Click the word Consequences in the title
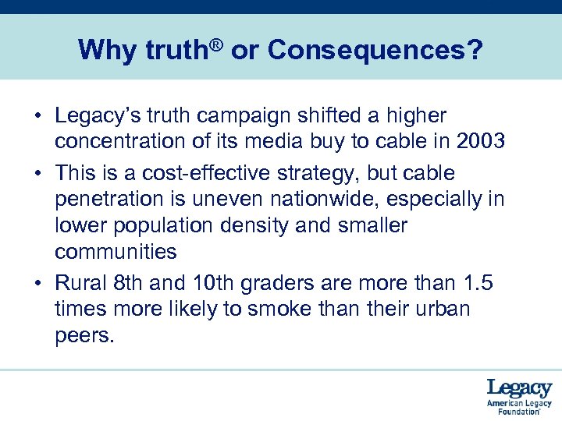365,51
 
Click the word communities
116,252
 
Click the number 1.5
476,281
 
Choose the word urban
438,309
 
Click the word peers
84,336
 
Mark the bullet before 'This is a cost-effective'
37,173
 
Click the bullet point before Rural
37,282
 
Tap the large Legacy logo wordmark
519,388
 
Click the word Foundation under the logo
519,412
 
